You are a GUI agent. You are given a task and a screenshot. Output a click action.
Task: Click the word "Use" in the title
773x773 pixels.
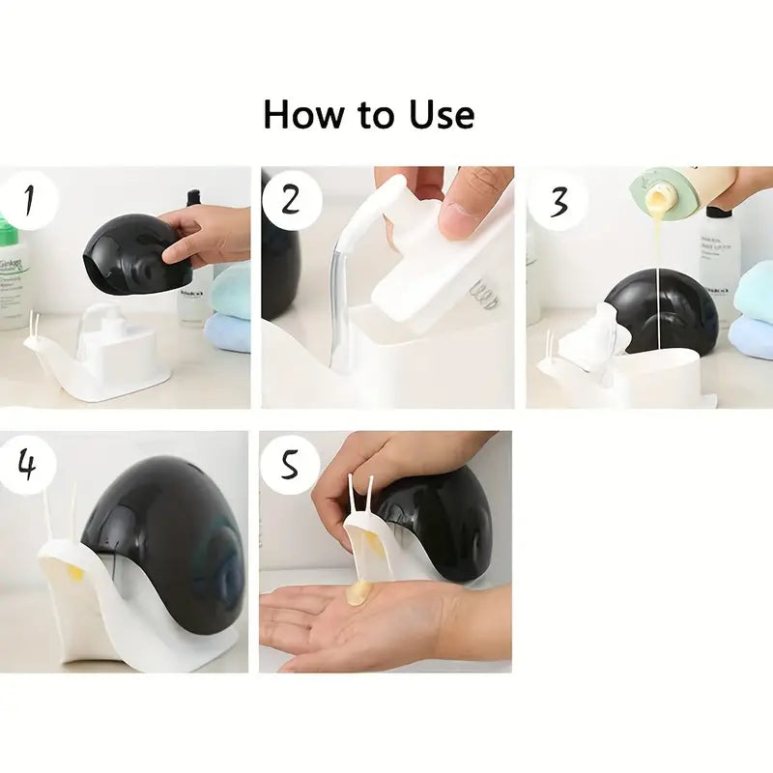click(x=441, y=114)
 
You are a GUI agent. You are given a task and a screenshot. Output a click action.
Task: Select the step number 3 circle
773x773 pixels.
click(x=558, y=201)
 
